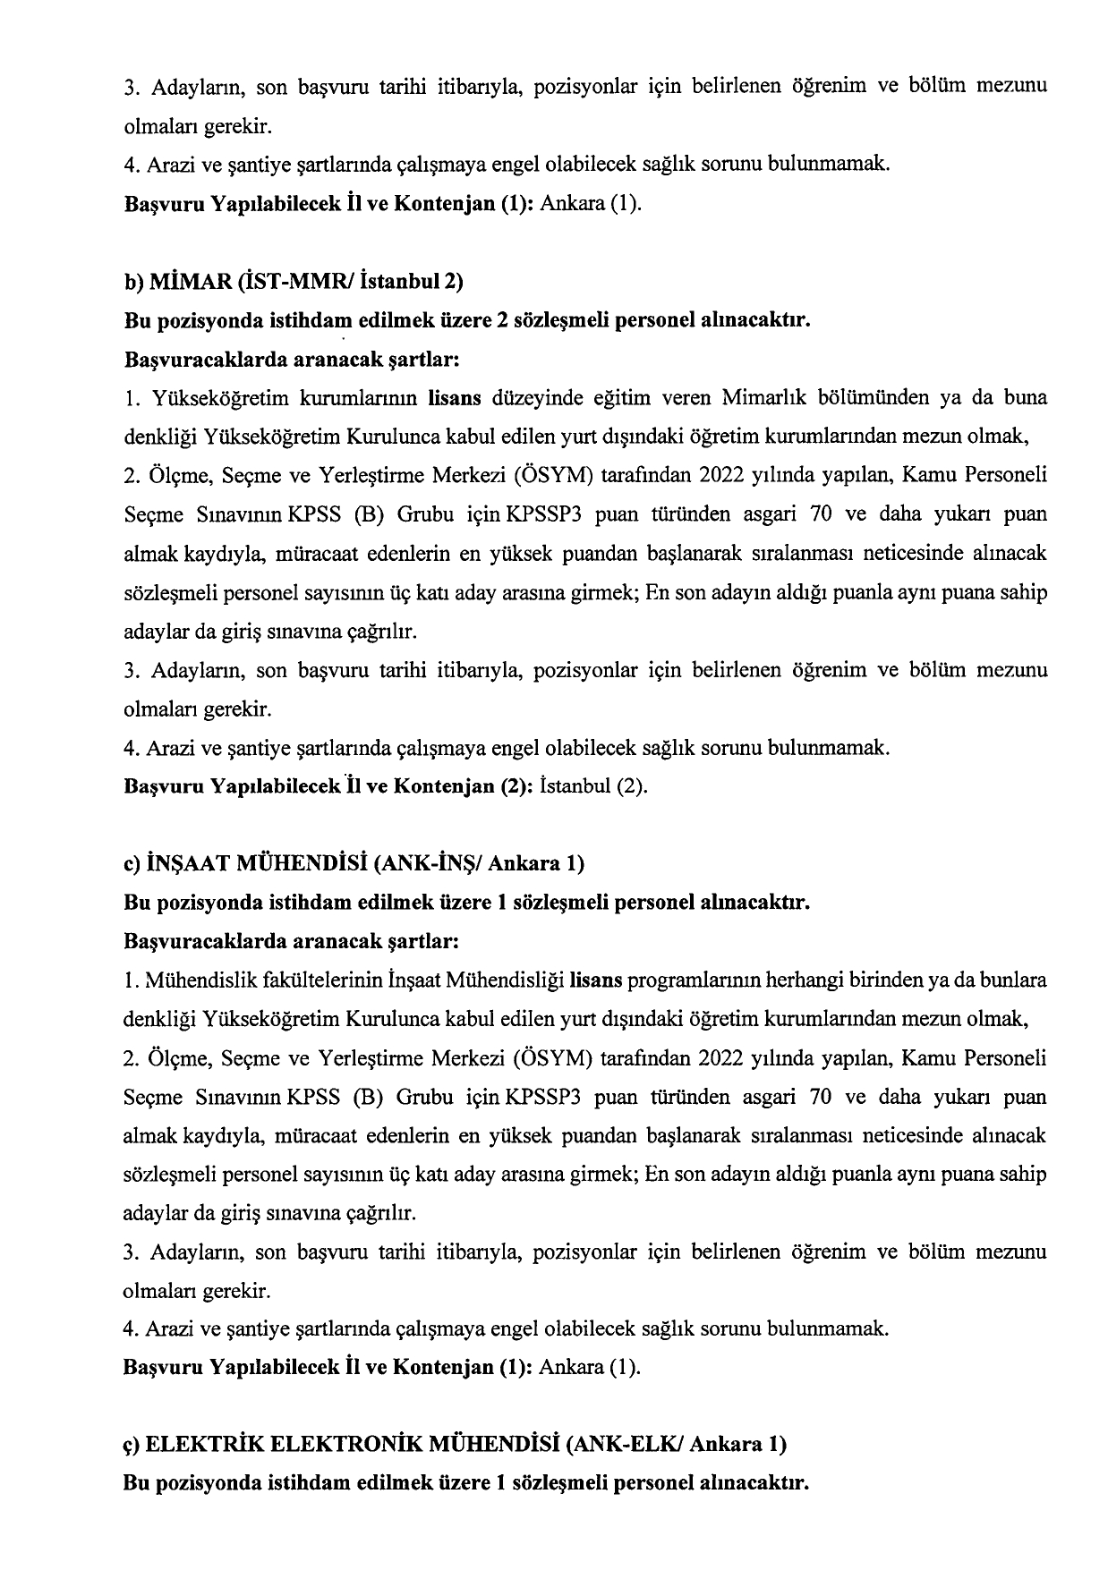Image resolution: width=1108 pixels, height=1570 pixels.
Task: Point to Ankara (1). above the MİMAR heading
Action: (x=592, y=203)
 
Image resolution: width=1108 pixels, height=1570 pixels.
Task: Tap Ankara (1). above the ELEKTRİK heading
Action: (x=592, y=1368)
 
